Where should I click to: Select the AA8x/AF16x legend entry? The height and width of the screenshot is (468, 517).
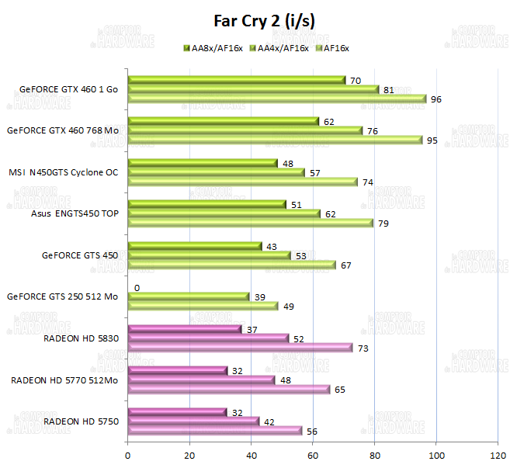pos(213,48)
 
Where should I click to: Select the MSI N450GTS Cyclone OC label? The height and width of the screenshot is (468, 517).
pos(64,172)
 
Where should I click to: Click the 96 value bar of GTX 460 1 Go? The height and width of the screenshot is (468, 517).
pos(276,99)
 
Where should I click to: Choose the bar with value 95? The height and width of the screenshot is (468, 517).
pos(275,140)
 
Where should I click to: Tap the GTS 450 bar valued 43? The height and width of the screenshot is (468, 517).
pos(194,246)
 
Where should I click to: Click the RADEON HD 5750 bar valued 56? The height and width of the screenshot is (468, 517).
pos(214,431)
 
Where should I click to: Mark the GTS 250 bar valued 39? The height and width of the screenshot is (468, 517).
pos(188,296)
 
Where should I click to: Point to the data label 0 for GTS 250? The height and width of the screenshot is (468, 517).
pos(137,287)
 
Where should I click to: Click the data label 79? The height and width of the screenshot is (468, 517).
pos(383,224)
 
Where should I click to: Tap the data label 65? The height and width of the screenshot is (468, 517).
pos(339,390)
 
